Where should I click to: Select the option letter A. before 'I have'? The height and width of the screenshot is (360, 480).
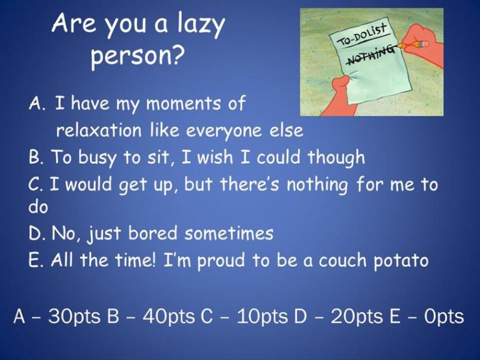click(x=37, y=104)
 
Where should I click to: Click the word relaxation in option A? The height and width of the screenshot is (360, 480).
click(x=99, y=131)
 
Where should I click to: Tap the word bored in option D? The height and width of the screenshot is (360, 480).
click(x=152, y=233)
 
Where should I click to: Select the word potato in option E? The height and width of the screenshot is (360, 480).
click(x=401, y=261)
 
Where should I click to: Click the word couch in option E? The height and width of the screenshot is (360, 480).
click(x=342, y=260)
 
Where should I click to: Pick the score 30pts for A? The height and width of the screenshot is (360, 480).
click(x=74, y=316)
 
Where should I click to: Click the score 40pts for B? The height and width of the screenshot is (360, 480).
click(x=169, y=316)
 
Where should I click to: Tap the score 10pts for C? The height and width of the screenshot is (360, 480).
click(x=262, y=316)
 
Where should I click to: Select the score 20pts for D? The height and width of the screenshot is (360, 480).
click(x=357, y=316)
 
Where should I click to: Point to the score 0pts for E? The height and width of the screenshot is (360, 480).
click(x=444, y=316)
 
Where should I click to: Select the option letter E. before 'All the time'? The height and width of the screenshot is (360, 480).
click(x=36, y=261)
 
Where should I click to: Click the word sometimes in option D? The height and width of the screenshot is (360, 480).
click(x=229, y=233)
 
